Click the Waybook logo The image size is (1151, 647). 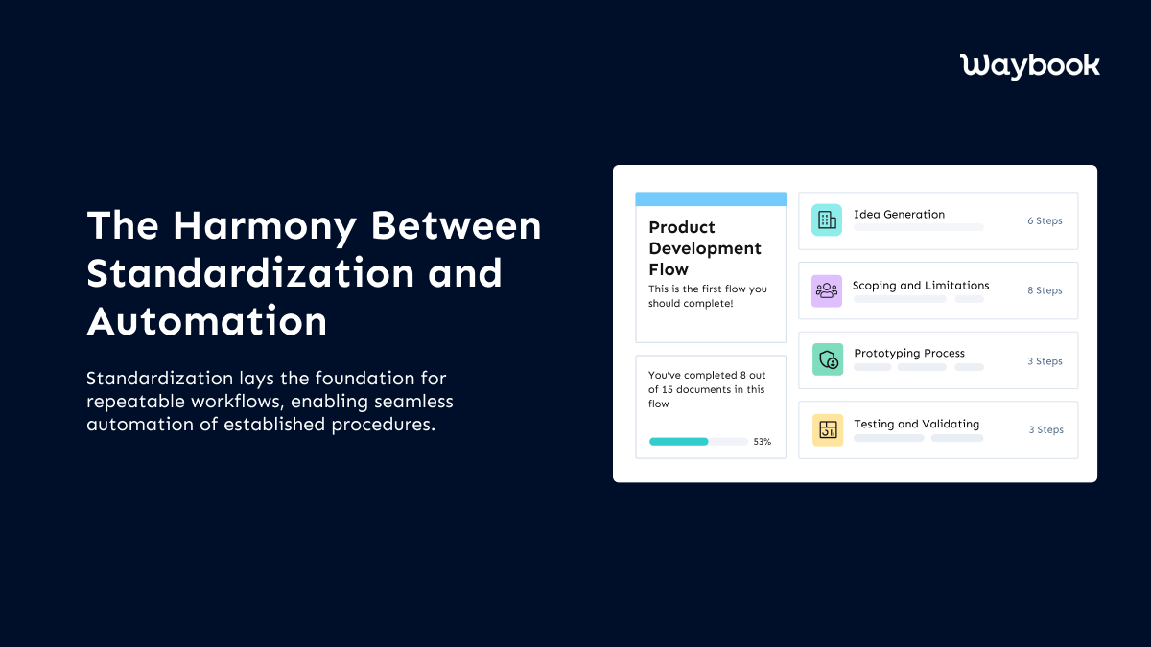point(1029,65)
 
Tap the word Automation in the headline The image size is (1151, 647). point(207,320)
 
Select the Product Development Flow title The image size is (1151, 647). point(705,248)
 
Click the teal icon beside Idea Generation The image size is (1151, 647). point(826,220)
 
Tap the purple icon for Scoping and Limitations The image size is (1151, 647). point(826,290)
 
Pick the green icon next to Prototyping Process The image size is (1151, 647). point(827,360)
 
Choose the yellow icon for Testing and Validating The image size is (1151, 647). point(827,429)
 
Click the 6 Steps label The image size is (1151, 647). point(1045,220)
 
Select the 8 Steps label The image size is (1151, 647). point(1045,290)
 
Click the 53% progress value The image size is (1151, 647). point(762,442)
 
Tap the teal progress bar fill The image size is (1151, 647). point(678,442)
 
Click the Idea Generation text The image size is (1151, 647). point(899,215)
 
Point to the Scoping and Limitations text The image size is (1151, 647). point(921,286)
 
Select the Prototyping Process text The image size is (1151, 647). point(909,354)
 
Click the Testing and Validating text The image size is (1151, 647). point(916,424)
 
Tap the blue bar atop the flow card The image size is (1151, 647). point(711,199)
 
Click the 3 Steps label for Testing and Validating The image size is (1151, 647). point(1045,430)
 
